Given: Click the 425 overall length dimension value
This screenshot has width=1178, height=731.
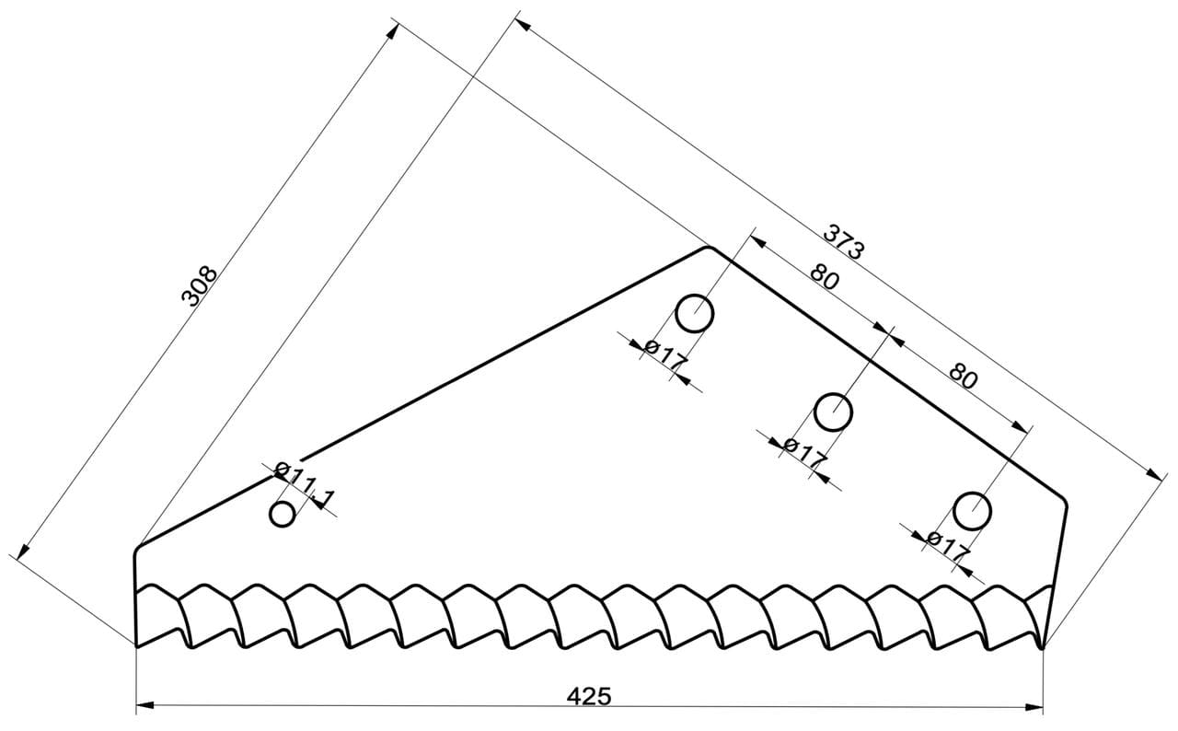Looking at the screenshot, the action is coord(589,696).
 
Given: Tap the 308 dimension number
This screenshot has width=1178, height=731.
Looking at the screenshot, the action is coord(199,286).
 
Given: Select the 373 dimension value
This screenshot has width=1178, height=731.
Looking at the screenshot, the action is coord(843,241).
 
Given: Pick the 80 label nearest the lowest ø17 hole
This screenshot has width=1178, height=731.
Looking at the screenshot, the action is coord(964,376).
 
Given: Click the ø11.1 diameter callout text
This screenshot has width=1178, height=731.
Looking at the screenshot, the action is coord(305,484).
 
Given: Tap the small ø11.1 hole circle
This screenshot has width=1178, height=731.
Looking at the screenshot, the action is coord(283,514).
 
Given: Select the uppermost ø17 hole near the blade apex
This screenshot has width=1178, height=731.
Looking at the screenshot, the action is coord(694,313).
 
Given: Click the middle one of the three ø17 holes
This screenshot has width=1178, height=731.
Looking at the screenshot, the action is coord(833,412).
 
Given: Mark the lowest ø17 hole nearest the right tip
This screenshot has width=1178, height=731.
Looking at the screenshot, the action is coord(973,511).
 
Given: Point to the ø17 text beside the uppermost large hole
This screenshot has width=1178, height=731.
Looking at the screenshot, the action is coord(665,355).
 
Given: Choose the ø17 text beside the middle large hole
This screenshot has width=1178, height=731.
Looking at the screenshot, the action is coord(805,453).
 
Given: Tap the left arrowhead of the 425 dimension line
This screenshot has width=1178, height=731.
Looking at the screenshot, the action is coord(145,705).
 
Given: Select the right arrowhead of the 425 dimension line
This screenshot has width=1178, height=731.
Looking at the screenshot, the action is coord(1034,708).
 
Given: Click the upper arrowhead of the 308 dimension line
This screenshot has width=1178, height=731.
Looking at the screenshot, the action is coord(393,30).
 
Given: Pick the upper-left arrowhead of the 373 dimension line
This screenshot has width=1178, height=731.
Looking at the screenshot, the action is coord(522,24).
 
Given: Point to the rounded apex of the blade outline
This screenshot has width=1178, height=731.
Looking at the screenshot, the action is coord(710,247).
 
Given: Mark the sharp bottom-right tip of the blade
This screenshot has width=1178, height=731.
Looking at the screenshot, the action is coord(1043,648).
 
